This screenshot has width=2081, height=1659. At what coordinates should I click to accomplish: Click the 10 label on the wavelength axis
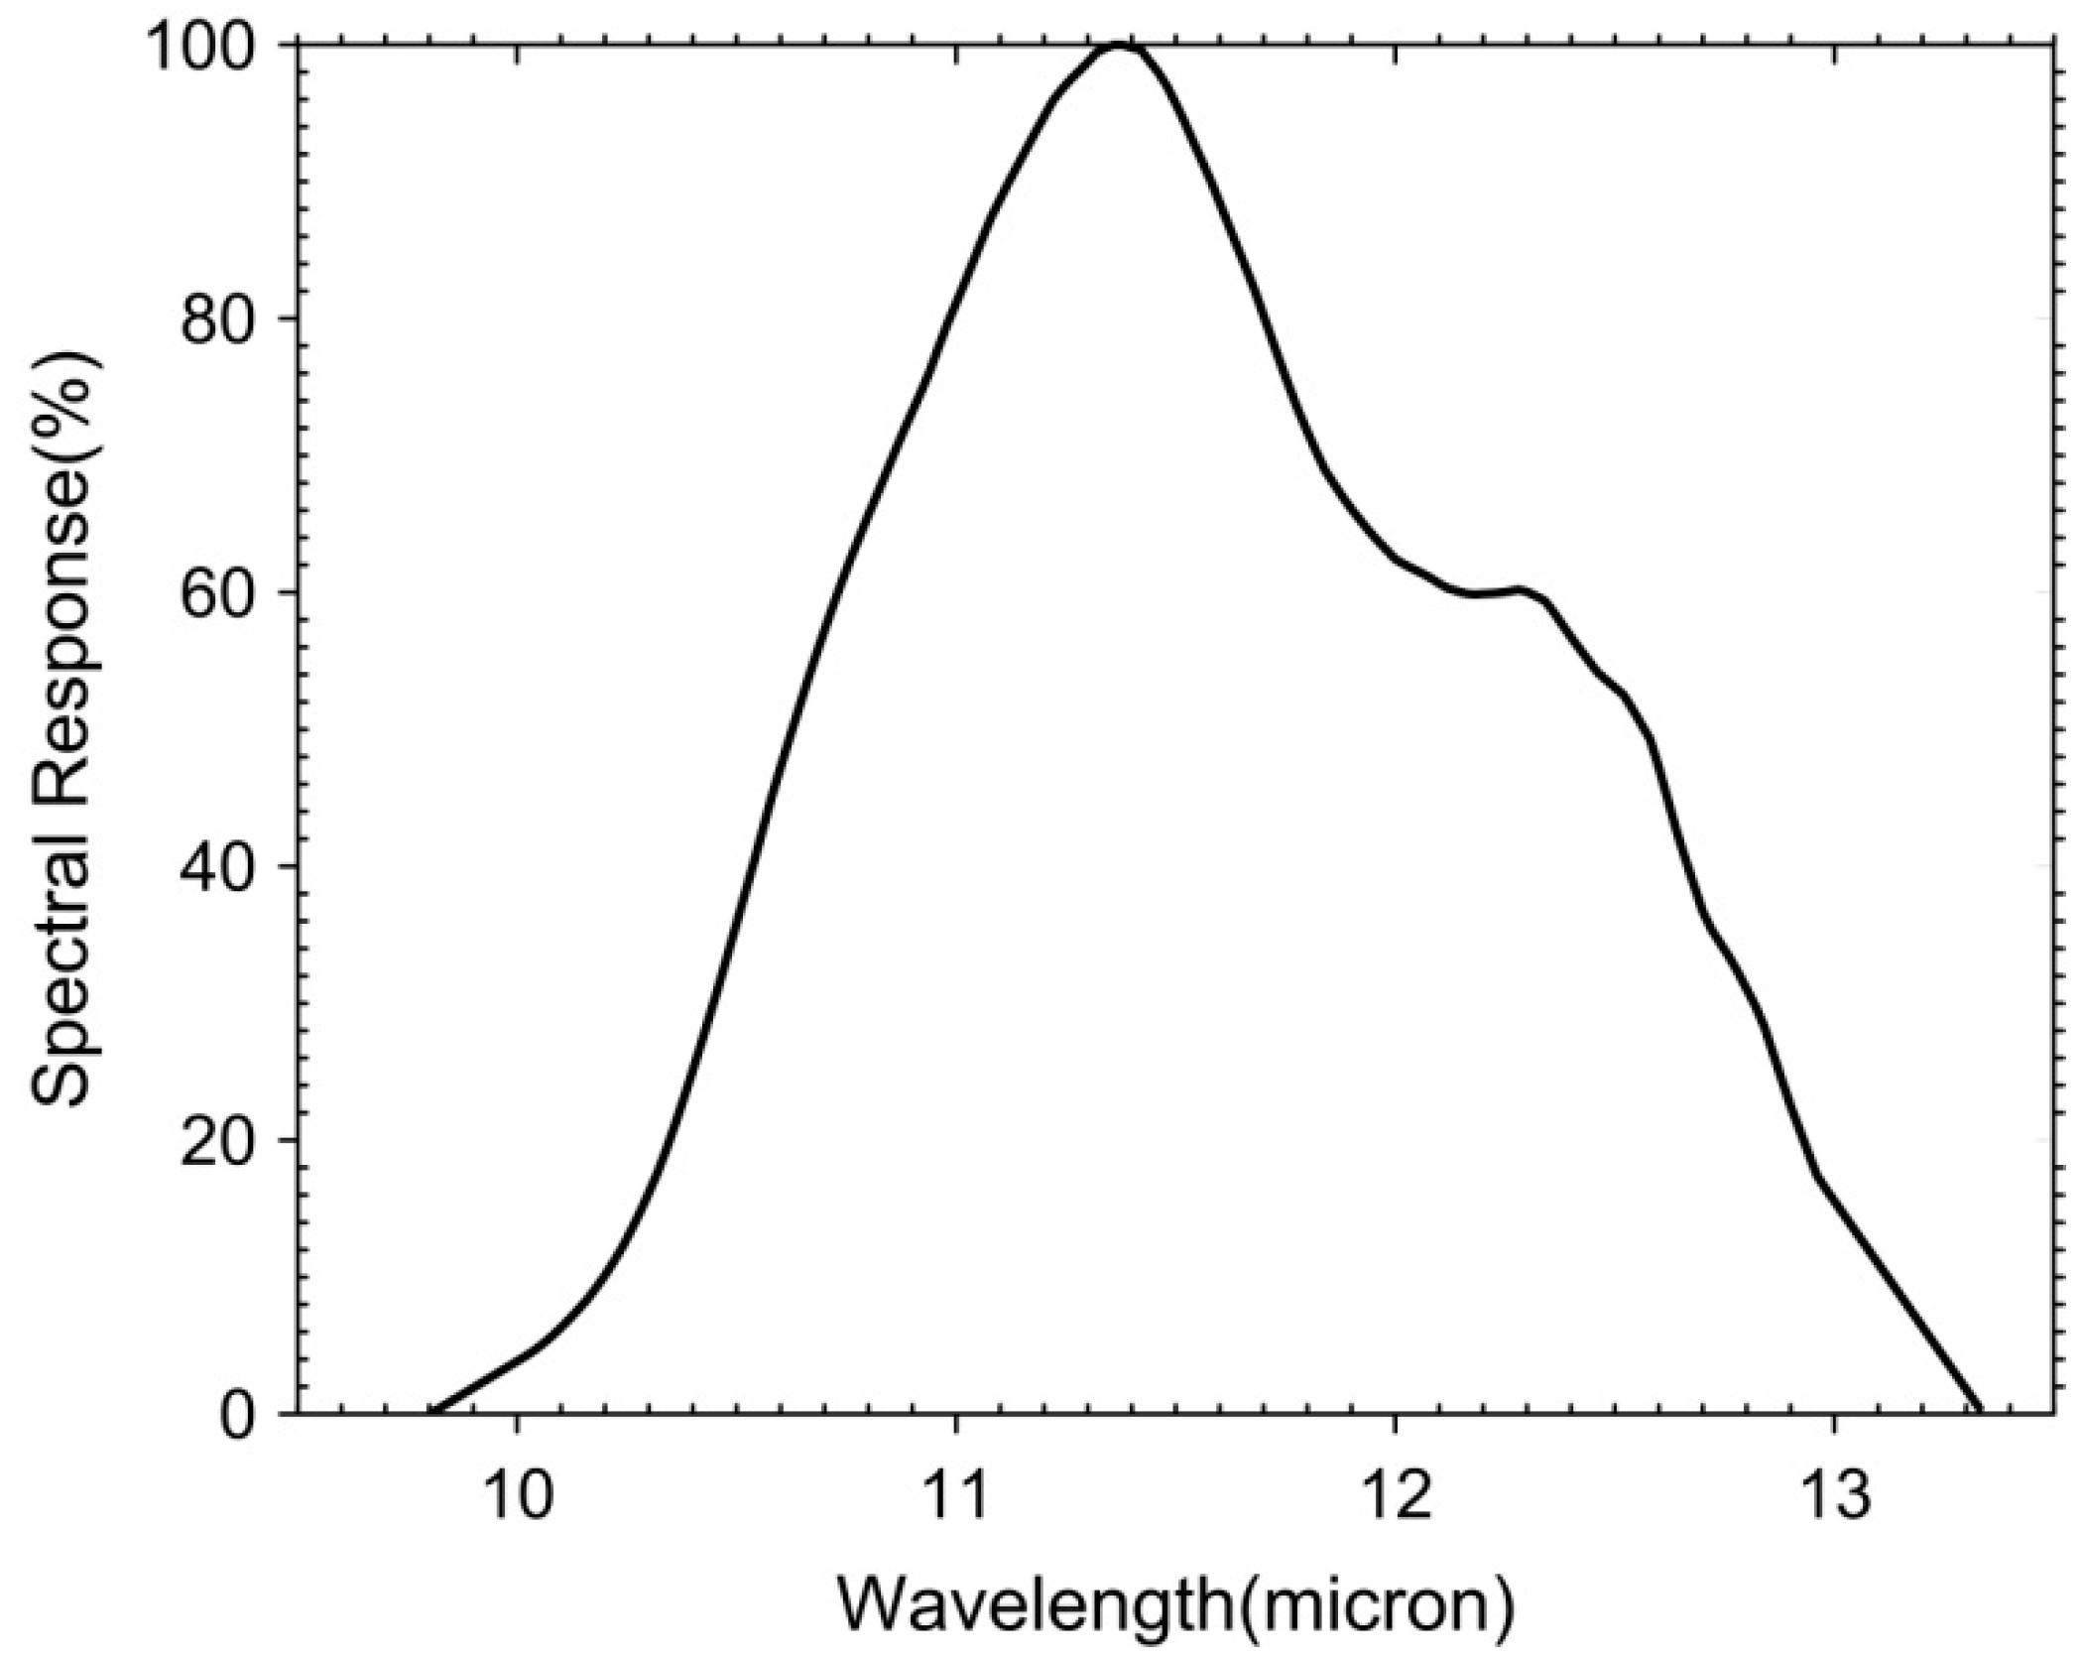click(516, 1496)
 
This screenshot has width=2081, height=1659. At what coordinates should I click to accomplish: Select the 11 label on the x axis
click(955, 1496)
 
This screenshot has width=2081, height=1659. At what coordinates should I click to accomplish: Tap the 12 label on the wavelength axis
click(1395, 1496)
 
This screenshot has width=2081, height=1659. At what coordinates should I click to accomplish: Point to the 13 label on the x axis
click(1833, 1496)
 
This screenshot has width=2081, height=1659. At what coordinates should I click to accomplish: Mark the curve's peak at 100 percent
click(1119, 45)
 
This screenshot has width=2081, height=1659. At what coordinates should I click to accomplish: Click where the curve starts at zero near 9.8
click(432, 1411)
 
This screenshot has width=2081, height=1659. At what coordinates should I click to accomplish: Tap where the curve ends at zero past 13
click(1980, 1411)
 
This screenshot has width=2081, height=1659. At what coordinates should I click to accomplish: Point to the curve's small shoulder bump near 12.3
click(1518, 591)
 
